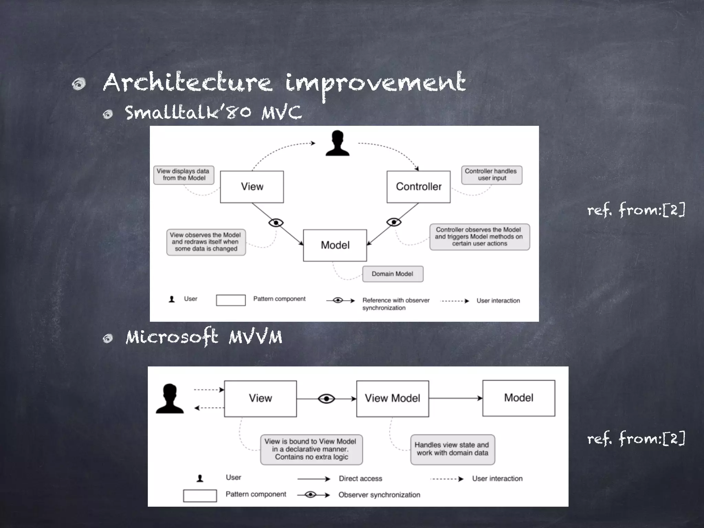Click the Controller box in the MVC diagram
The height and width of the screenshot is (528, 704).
[x=418, y=187]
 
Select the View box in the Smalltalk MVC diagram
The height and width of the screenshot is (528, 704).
[x=252, y=187]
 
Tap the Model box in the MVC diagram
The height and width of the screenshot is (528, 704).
[x=335, y=245]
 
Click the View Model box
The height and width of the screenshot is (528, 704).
[x=392, y=398]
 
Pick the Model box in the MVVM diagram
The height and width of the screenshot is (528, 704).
[x=518, y=398]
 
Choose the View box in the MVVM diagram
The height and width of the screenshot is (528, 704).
[x=260, y=398]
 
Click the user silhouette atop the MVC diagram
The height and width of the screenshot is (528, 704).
[x=338, y=143]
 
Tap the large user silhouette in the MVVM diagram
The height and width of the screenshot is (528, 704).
[x=170, y=398]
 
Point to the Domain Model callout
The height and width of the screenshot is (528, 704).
[x=393, y=274]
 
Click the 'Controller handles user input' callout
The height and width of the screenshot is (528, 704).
[x=491, y=175]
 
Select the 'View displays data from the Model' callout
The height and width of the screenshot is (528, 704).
[x=184, y=175]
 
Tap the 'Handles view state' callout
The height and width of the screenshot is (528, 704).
[x=452, y=449]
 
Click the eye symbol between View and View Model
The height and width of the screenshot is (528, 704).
[x=326, y=399]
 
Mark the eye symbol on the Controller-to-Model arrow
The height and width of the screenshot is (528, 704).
[x=394, y=222]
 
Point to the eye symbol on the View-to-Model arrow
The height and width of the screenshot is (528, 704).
[x=276, y=223]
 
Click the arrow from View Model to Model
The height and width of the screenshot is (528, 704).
[x=455, y=398]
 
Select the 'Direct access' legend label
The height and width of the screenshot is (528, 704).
[x=360, y=478]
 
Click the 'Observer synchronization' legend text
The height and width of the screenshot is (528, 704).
[x=379, y=495]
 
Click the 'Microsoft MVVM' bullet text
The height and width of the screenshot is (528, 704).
[x=204, y=337]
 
